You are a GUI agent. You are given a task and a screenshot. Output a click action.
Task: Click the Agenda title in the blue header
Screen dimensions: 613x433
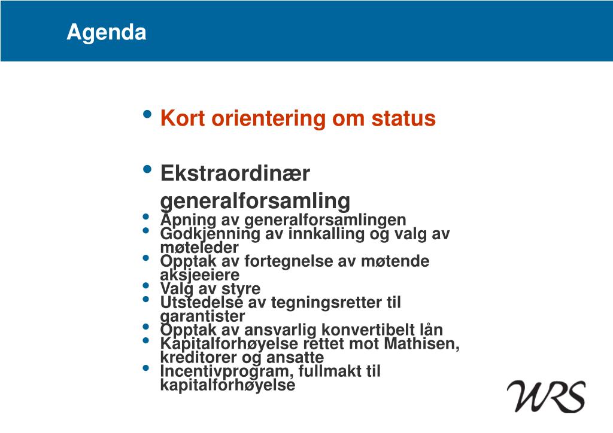(x=107, y=33)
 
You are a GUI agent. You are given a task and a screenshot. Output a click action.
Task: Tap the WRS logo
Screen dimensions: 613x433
(x=546, y=397)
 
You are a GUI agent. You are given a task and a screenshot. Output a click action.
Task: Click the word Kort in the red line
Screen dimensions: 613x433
(x=183, y=118)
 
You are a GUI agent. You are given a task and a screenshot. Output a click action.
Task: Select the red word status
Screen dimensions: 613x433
(x=403, y=118)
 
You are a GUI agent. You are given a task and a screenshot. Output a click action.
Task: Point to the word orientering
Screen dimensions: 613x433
(x=268, y=119)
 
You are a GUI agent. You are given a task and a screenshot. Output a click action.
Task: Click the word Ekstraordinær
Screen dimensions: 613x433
(x=235, y=173)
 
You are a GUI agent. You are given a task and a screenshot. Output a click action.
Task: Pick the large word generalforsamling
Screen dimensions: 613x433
(x=255, y=202)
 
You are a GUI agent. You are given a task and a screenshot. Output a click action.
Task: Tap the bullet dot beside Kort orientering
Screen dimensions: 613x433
(x=147, y=114)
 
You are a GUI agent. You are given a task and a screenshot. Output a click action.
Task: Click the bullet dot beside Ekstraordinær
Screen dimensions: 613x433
(x=147, y=169)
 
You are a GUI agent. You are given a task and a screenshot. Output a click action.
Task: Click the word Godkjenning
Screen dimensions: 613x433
(x=210, y=234)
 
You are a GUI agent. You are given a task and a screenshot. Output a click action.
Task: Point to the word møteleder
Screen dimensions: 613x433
(x=199, y=248)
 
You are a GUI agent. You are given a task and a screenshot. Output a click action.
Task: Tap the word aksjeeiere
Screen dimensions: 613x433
(x=200, y=275)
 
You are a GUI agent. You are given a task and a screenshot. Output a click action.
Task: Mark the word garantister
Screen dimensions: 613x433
(x=202, y=316)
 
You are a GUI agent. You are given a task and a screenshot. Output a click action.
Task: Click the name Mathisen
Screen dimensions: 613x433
(x=422, y=344)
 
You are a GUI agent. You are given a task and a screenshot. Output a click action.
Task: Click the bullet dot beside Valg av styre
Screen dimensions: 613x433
(x=146, y=285)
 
